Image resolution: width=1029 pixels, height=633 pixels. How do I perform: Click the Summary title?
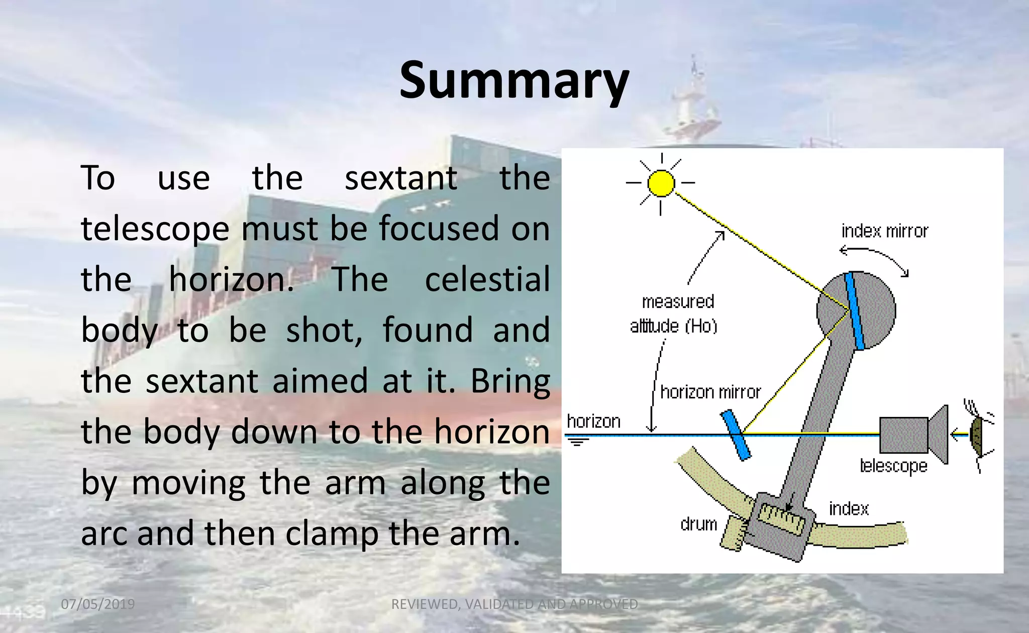tap(514, 80)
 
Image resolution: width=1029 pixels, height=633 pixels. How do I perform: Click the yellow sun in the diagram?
tap(661, 183)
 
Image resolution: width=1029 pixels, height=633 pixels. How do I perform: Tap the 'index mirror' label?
tap(884, 231)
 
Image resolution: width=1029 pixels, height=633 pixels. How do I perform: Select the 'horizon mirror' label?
tap(710, 392)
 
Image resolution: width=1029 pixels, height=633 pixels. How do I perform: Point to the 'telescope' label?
tap(893, 466)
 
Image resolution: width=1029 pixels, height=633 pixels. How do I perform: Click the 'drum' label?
tap(698, 524)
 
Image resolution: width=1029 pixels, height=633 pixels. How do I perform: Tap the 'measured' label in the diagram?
tap(678, 301)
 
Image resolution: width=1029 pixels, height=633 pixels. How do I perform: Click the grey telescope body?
tap(903, 435)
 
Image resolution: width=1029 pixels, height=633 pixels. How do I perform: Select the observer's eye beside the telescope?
tap(976, 435)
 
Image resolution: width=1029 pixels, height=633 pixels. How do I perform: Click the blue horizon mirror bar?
tap(736, 435)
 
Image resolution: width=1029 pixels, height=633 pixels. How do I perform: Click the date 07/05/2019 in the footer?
tap(98, 604)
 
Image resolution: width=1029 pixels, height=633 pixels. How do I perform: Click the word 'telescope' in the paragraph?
tap(155, 229)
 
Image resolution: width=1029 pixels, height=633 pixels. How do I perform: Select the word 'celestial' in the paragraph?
tap(487, 280)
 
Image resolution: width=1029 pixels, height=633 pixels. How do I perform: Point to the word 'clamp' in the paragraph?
tap(332, 534)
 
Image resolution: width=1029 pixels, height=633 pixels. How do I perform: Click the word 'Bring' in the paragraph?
tap(510, 381)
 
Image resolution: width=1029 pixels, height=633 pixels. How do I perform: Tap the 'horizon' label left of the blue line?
tap(593, 421)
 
